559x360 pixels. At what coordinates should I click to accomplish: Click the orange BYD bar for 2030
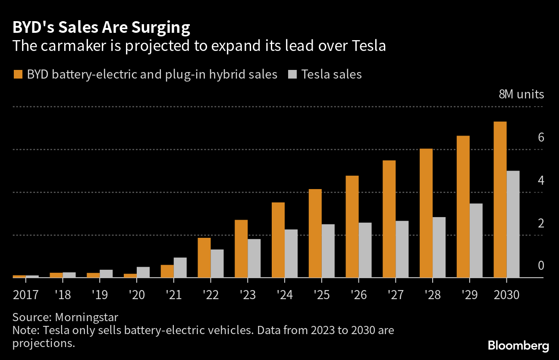[500, 199]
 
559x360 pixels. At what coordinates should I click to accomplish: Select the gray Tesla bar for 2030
[513, 224]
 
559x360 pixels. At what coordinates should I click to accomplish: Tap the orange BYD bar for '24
[278, 240]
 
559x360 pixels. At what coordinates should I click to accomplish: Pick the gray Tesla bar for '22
[217, 263]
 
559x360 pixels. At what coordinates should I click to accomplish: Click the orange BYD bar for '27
[389, 219]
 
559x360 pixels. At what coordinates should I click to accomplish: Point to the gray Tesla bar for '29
[476, 240]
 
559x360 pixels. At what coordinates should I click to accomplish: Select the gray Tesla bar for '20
[143, 272]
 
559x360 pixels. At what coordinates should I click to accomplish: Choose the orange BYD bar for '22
[204, 258]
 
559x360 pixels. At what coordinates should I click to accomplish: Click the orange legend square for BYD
[17, 74]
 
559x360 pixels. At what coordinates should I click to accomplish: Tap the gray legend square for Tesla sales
[292, 74]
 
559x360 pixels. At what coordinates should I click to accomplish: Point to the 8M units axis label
[521, 95]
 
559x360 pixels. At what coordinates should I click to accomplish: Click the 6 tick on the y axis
[541, 138]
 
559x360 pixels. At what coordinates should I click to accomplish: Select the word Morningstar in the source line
[86, 317]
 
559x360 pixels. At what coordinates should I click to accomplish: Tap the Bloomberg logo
[518, 345]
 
